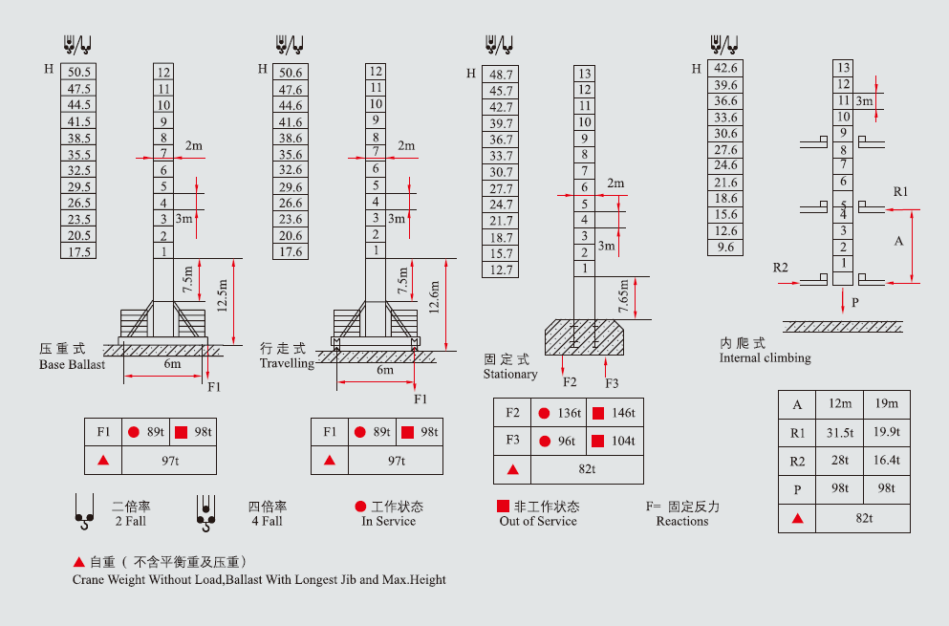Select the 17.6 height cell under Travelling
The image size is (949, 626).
pos(290,252)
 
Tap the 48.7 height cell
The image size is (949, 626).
pos(501,75)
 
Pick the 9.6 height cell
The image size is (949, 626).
pos(726,248)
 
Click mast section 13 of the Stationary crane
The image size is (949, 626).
pos(585,74)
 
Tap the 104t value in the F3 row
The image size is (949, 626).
pos(615,442)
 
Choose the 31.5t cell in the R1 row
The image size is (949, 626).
pos(840,433)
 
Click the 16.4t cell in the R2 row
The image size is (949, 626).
pos(886,461)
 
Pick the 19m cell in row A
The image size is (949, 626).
pos(886,404)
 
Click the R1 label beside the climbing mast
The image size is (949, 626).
pos(900,192)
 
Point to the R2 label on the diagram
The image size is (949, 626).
pos(781,267)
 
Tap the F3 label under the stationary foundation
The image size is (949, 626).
pos(612,383)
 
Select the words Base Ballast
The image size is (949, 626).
pos(73,365)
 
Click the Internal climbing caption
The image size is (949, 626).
pos(765,358)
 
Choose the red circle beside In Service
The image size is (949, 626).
pos(360,507)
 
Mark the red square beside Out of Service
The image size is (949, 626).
pos(503,507)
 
